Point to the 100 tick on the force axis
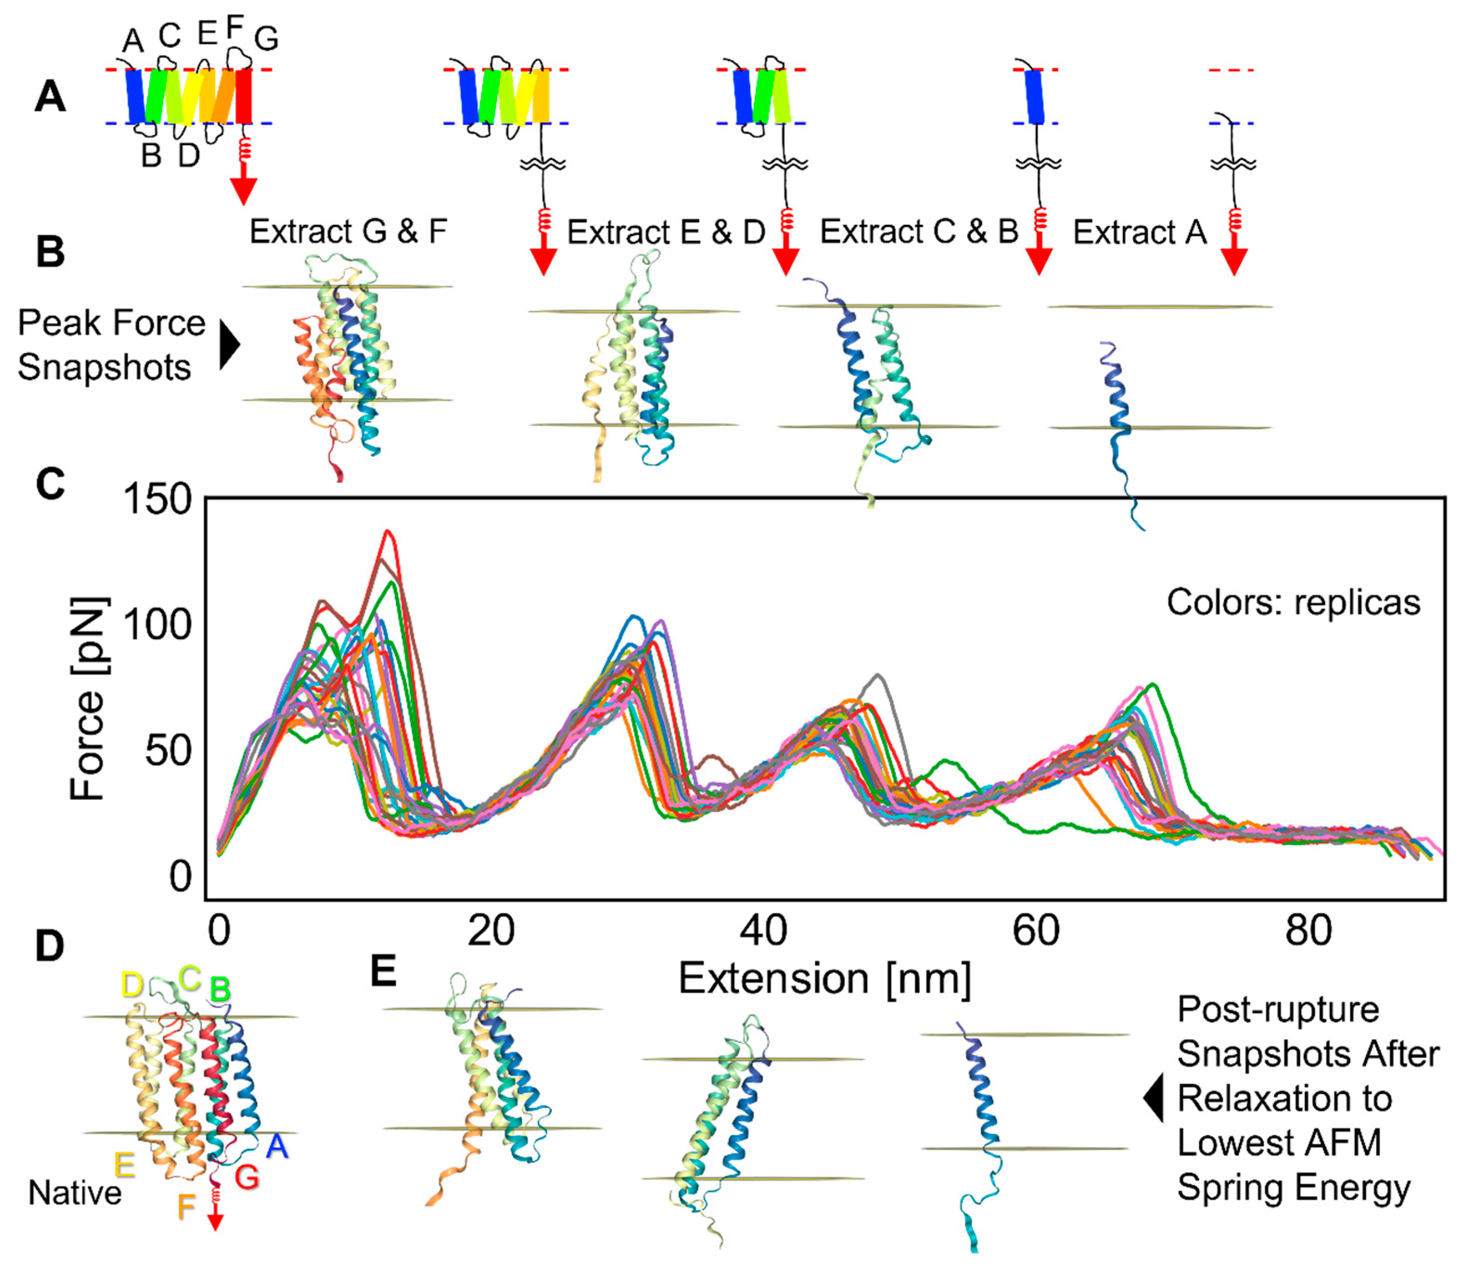tap(157, 625)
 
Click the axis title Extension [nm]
tap(825, 979)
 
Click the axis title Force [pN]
tap(89, 698)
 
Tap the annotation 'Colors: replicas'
tap(1293, 602)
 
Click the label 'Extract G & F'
tap(348, 231)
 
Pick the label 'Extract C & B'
tap(919, 231)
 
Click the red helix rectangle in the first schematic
tap(243, 96)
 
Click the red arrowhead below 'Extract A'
tap(1234, 262)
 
